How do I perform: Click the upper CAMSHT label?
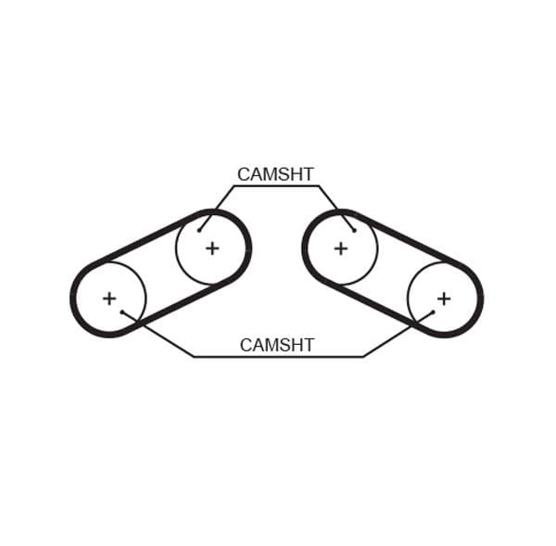[275, 174]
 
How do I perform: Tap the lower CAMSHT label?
[277, 345]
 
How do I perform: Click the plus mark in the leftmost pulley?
[109, 298]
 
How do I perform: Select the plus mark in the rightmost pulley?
[444, 298]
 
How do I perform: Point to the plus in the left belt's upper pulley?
[212, 248]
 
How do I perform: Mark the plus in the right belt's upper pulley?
[341, 248]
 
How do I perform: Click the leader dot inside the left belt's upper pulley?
[199, 231]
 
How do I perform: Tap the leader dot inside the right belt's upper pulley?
[354, 231]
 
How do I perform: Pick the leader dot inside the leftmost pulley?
[122, 312]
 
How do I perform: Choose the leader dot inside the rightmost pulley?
[433, 312]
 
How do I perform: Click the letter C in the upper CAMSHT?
[244, 174]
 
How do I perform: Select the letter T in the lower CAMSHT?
[309, 345]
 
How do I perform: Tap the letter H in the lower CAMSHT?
[297, 345]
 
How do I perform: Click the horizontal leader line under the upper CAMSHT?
[276, 185]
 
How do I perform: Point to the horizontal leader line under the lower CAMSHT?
[278, 356]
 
